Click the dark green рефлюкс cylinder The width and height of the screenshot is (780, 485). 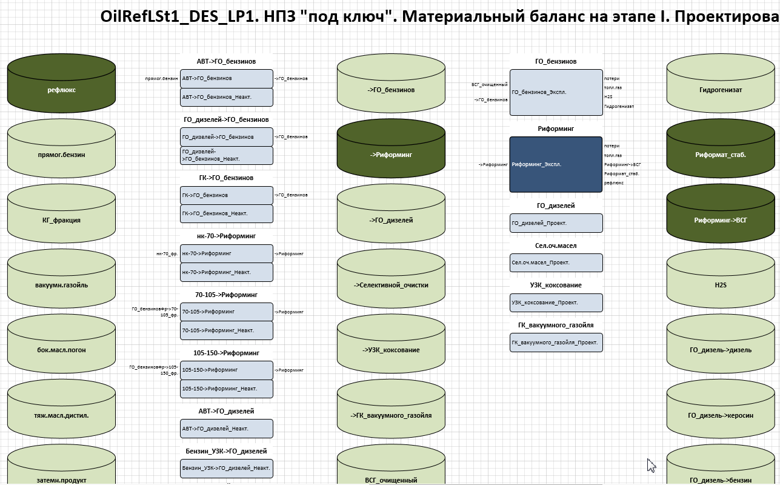click(x=61, y=90)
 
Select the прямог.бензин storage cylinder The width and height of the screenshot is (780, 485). click(x=61, y=155)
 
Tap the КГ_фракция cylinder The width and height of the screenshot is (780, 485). click(x=61, y=220)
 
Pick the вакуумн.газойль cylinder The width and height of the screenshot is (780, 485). click(x=61, y=285)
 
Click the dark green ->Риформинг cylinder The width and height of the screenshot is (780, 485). click(x=391, y=155)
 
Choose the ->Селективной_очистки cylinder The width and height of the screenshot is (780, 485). click(x=391, y=285)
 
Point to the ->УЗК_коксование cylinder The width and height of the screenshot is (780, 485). click(x=391, y=350)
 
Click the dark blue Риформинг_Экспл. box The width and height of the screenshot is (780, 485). click(x=556, y=164)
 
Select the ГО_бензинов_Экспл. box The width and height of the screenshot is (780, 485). click(x=556, y=92)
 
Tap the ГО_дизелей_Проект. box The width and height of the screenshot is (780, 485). click(x=556, y=223)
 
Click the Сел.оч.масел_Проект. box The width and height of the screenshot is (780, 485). click(x=556, y=263)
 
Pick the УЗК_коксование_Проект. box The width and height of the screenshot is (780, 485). click(x=556, y=303)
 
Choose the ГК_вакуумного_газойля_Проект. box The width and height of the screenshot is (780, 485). click(x=556, y=343)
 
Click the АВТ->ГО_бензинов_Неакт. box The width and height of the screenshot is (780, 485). click(x=227, y=97)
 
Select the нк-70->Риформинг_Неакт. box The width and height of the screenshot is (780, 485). click(x=227, y=272)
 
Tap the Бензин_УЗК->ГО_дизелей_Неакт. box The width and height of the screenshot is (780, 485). click(x=227, y=468)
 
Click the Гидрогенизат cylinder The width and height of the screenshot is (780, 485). click(x=720, y=90)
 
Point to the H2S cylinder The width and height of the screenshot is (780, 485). click(x=720, y=285)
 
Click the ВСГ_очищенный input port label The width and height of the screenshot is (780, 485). click(x=489, y=84)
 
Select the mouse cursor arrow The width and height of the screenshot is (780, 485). click(x=651, y=464)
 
